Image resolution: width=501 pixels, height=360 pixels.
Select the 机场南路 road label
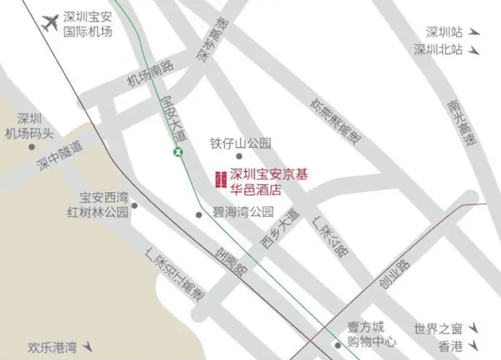click(x=150, y=74)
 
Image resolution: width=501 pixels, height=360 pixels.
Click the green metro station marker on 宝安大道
click(x=177, y=151)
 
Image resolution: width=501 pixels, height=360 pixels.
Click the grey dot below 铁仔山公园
click(x=239, y=157)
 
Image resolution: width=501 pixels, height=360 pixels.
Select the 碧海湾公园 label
click(x=243, y=213)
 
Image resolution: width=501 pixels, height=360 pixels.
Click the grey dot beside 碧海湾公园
click(x=199, y=215)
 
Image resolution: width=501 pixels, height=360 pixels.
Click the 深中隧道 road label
click(x=60, y=157)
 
